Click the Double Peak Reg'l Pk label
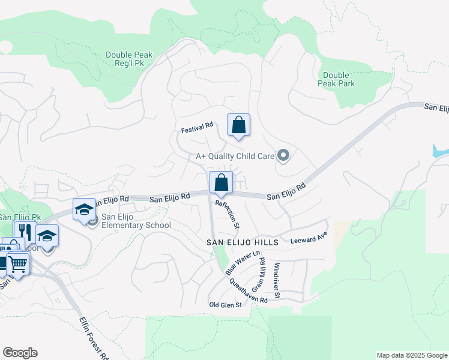(128, 59)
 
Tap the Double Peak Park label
(336, 79)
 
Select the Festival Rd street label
(197, 125)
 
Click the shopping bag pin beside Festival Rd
(238, 125)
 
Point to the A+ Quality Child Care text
(235, 157)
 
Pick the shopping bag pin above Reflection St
(221, 183)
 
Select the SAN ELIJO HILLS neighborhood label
(243, 242)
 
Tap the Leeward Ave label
(309, 241)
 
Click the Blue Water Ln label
(237, 264)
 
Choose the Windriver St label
(277, 280)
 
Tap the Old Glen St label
(225, 305)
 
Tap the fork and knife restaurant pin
(25, 232)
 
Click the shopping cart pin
(18, 263)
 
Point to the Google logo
(20, 353)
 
